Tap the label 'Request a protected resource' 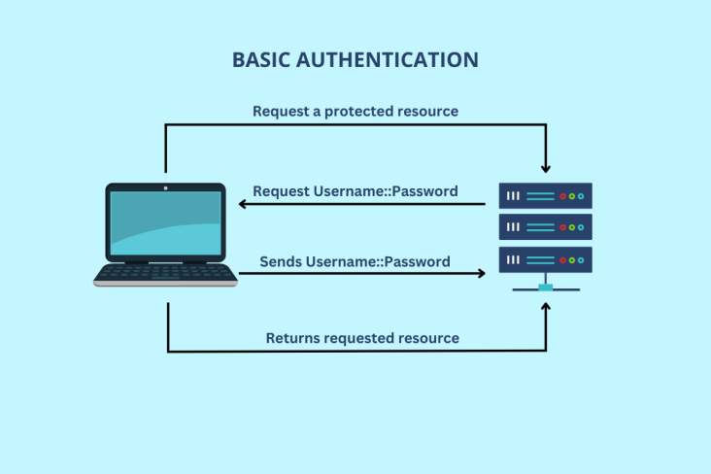pyautogui.click(x=355, y=112)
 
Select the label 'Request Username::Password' pyautogui.click(x=355, y=191)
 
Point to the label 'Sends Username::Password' pyautogui.click(x=355, y=262)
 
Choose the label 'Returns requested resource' pyautogui.click(x=362, y=338)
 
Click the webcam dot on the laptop pyautogui.click(x=165, y=187)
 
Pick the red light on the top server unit pyautogui.click(x=563, y=196)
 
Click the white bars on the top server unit pyautogui.click(x=514, y=196)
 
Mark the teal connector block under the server pyautogui.click(x=546, y=287)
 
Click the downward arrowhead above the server pyautogui.click(x=546, y=167)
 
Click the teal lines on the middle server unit pyautogui.click(x=541, y=227)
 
